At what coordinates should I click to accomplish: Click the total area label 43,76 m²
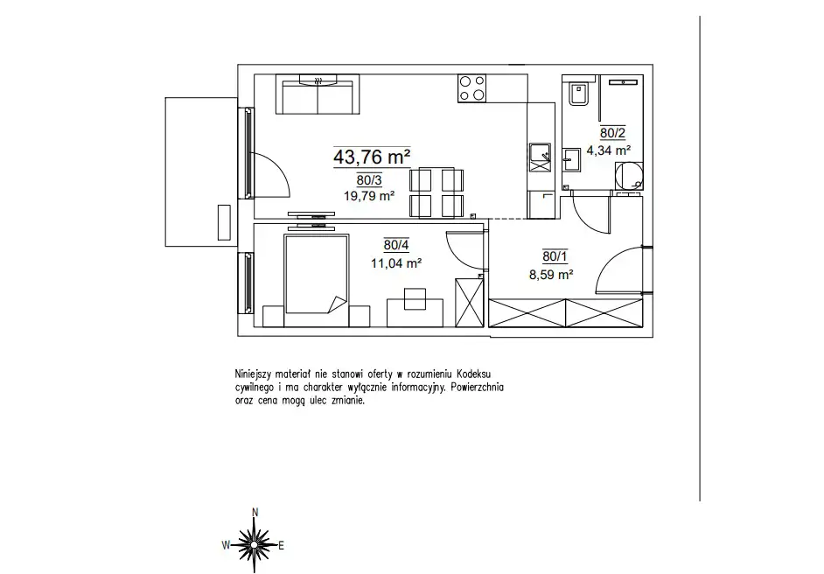click(x=372, y=157)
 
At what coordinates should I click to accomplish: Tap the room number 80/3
click(x=369, y=180)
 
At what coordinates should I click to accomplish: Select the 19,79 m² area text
click(x=369, y=196)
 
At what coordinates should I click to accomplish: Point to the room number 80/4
click(x=396, y=245)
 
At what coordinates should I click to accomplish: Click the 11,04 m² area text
click(x=396, y=262)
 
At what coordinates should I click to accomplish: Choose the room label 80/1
click(x=555, y=256)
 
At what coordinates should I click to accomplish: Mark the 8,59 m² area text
click(x=551, y=275)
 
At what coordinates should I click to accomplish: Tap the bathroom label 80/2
click(x=612, y=133)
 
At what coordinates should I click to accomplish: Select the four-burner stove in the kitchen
click(x=471, y=88)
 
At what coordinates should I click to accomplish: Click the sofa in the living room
click(x=318, y=94)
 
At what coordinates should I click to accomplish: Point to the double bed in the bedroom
click(x=317, y=274)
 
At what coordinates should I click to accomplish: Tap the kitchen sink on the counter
click(x=541, y=157)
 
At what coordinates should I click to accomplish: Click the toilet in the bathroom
click(x=578, y=94)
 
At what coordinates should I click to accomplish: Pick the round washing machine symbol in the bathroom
click(x=629, y=175)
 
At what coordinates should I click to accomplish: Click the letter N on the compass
click(x=255, y=513)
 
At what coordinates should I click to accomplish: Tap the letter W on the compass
click(x=226, y=545)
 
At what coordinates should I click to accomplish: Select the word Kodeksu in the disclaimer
click(x=473, y=374)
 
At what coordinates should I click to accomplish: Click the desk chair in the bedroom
click(x=415, y=298)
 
